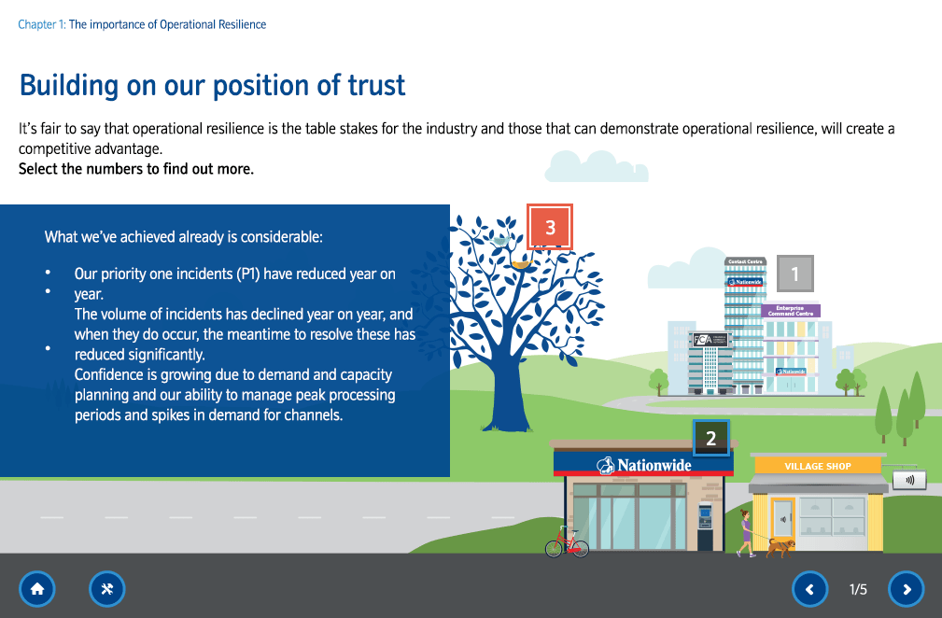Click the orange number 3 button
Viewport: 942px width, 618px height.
point(550,227)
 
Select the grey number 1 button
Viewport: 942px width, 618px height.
point(795,274)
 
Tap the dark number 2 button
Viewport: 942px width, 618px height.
point(711,438)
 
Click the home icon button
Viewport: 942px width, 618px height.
point(37,589)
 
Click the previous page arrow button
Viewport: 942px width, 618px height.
point(809,589)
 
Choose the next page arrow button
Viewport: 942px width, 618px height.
point(906,589)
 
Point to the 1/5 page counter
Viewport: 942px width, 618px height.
point(858,589)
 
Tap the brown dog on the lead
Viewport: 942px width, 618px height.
point(780,545)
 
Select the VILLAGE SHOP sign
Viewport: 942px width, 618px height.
point(817,466)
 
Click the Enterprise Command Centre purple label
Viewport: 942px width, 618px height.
point(791,311)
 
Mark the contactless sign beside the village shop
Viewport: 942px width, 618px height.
point(909,480)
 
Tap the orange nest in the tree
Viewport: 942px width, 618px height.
point(520,263)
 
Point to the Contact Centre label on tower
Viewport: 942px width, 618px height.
point(744,261)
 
